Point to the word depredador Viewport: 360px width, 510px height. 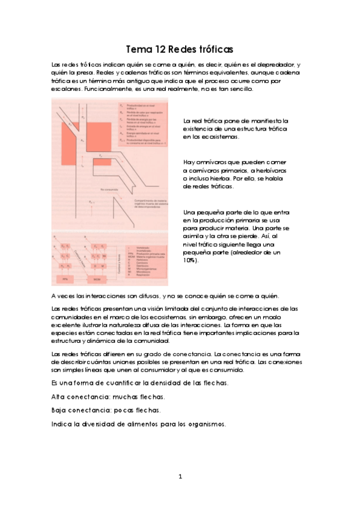pos(275,64)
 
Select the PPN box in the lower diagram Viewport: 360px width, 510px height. pos(66,280)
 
